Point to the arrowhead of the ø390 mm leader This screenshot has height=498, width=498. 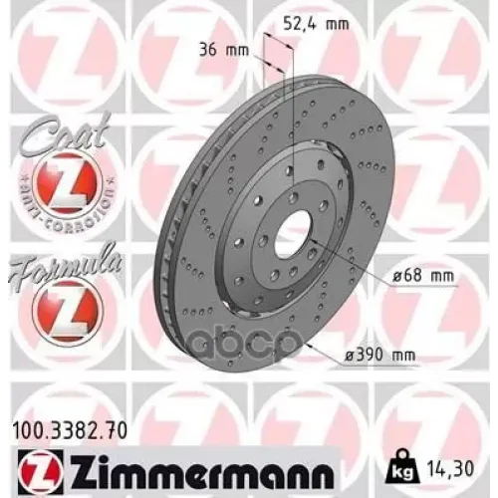311,345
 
